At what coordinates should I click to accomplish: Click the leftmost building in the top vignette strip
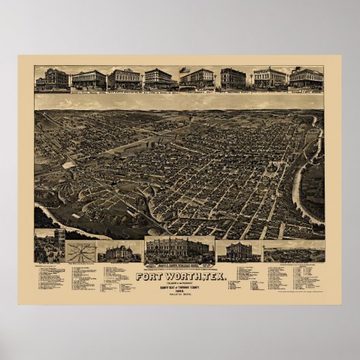click(52, 79)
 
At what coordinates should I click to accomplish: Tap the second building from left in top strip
click(89, 79)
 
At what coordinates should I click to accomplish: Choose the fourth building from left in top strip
click(158, 79)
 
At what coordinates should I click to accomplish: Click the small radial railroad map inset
click(81, 252)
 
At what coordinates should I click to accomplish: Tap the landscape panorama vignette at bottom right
click(293, 251)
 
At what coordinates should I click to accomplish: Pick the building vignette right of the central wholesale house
click(238, 251)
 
